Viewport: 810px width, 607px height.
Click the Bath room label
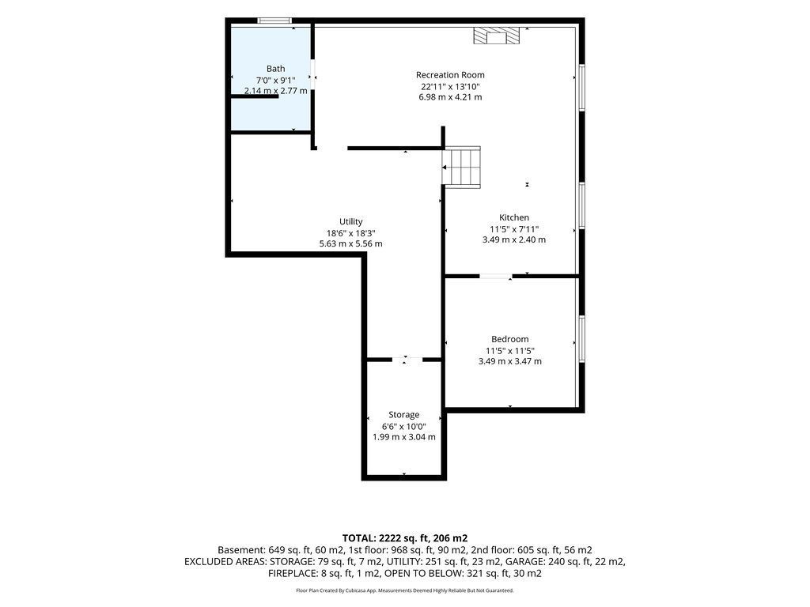(275, 69)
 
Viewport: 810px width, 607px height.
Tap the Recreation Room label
(450, 75)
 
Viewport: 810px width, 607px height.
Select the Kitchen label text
(514, 217)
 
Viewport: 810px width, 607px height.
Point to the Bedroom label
(510, 339)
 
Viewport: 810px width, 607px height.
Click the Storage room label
(404, 415)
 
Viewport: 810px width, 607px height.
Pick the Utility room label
(350, 221)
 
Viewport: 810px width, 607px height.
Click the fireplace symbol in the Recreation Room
(497, 36)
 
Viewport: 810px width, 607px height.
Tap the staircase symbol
(463, 168)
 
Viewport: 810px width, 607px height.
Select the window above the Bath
(274, 21)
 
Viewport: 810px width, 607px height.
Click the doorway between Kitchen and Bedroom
(496, 276)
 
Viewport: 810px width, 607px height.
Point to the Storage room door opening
(407, 360)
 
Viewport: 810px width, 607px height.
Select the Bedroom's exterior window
(581, 338)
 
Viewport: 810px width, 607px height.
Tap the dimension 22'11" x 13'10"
(450, 86)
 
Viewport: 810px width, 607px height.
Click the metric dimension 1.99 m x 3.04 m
(404, 437)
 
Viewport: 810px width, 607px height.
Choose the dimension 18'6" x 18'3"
(350, 233)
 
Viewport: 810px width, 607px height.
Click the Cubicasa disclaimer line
(404, 590)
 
